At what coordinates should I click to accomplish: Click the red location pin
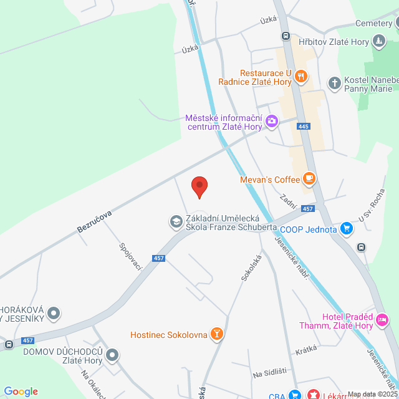click(199, 186)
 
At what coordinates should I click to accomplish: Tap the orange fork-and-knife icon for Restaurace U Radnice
click(301, 77)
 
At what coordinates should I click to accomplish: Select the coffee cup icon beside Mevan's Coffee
click(309, 179)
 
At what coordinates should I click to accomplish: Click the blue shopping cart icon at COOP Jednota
click(347, 229)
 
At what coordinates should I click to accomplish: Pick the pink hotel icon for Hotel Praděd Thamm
click(383, 320)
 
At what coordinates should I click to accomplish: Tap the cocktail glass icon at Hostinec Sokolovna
click(216, 335)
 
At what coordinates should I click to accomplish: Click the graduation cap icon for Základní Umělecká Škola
click(176, 221)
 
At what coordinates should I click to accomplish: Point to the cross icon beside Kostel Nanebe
click(335, 82)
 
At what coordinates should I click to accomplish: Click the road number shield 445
click(304, 127)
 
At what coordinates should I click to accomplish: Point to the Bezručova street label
click(94, 222)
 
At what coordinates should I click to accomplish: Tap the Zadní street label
click(287, 201)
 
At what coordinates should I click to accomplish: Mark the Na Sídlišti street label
click(269, 373)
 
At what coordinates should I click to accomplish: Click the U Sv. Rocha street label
click(373, 206)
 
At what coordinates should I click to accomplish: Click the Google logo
click(21, 392)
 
